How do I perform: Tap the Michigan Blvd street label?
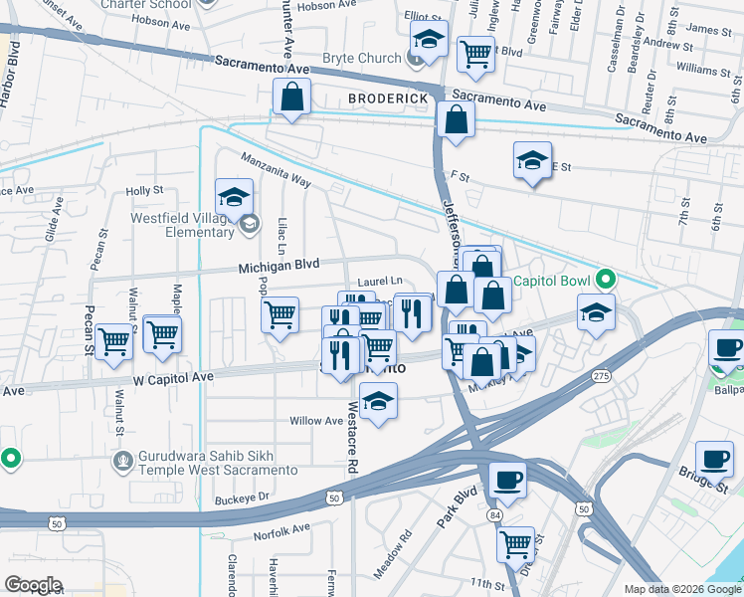click(279, 267)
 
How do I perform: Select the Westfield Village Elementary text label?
click(182, 225)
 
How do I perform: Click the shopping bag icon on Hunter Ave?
click(292, 98)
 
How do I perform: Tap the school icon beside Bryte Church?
click(428, 41)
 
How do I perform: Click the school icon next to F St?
click(532, 160)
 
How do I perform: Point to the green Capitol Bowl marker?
click(603, 280)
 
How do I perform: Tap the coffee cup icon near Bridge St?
click(713, 459)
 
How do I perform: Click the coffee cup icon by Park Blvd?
click(507, 481)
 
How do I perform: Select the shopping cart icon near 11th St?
click(515, 544)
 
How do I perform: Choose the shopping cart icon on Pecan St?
click(115, 341)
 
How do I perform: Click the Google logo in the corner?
click(34, 584)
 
